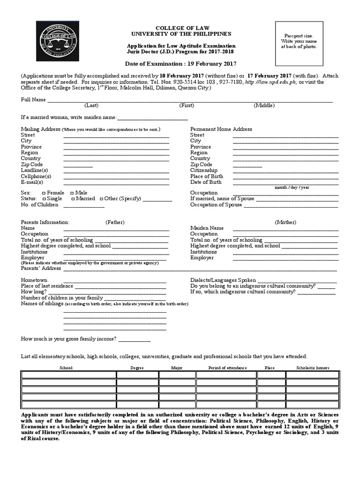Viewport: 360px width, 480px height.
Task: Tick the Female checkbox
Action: pyautogui.click(x=44, y=193)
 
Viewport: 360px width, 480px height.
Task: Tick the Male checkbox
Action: pyautogui.click(x=72, y=193)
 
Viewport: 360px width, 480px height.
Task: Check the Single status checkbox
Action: pyautogui.click(x=44, y=199)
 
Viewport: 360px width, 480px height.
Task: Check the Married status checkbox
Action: pyautogui.click(x=73, y=199)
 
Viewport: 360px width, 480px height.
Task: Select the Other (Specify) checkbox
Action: pyautogui.click(x=101, y=199)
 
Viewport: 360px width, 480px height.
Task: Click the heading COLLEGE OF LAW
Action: pyautogui.click(x=180, y=28)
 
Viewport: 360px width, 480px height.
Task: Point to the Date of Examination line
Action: pyautogui.click(x=180, y=64)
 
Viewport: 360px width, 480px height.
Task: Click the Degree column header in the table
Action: pyautogui.click(x=137, y=368)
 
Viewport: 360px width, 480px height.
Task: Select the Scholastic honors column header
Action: pyautogui.click(x=313, y=368)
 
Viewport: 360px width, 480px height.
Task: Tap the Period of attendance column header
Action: pyautogui.click(x=227, y=368)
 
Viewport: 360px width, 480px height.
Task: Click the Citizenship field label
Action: pyautogui.click(x=204, y=171)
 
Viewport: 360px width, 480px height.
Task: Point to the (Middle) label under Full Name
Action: pyautogui.click(x=264, y=105)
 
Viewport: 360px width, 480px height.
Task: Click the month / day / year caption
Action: pyautogui.click(x=292, y=187)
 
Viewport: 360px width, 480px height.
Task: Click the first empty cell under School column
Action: pyautogui.click(x=68, y=375)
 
